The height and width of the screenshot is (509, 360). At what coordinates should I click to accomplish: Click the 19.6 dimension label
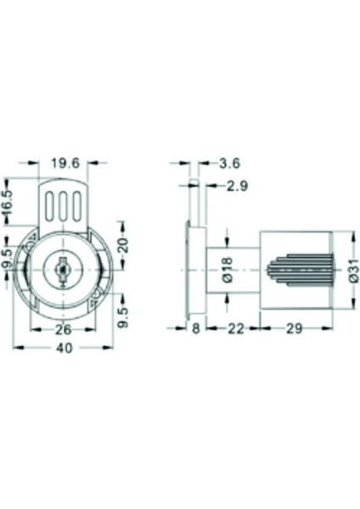coord(65,163)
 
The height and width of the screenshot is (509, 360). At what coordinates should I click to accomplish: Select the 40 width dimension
coord(65,349)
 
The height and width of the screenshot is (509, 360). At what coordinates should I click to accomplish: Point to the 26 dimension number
coord(63,330)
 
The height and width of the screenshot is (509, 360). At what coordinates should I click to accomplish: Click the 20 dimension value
coord(123,245)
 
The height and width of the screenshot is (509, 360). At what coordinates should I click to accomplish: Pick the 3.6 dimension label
coord(230,163)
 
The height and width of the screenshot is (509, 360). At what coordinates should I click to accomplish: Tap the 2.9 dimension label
coord(237,186)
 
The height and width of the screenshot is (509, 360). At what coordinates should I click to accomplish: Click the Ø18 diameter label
coord(228,270)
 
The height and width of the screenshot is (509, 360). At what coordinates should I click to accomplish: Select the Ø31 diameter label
coord(355,270)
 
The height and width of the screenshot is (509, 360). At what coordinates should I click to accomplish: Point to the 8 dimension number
coord(195,329)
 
